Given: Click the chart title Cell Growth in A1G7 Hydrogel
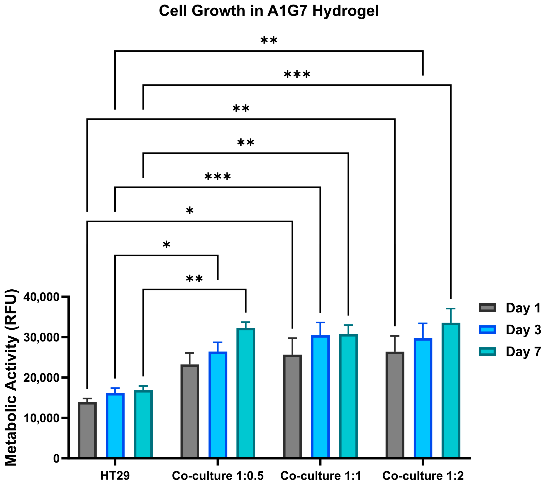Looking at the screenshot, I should pos(269,11).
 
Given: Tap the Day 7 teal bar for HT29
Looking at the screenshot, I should pos(143,424).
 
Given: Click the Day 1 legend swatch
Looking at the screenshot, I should pos(487,308).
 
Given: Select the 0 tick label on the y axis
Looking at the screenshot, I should pos(56,458).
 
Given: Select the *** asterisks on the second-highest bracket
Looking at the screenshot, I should pos(297,75).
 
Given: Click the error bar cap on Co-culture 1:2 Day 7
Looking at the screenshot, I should pos(451,309).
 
